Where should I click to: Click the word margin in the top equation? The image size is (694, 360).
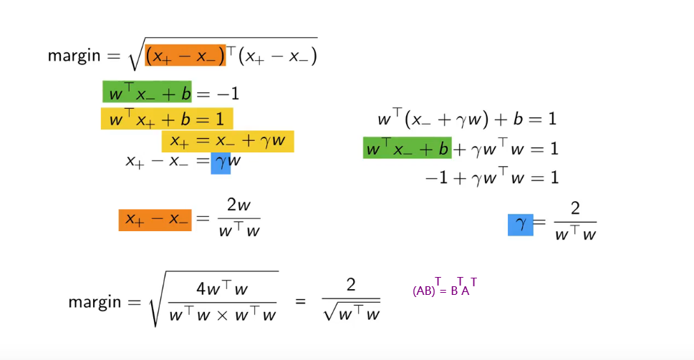(74, 56)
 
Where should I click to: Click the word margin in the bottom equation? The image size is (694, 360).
(95, 301)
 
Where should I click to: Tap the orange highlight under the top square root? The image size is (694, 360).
(185, 55)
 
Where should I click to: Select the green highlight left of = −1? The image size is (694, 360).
(148, 93)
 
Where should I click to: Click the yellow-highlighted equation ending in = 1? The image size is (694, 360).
(167, 118)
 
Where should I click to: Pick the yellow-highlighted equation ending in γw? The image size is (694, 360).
(228, 141)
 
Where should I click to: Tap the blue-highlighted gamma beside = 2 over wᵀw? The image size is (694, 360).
(521, 225)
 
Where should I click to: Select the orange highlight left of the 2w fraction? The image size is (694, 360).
(155, 220)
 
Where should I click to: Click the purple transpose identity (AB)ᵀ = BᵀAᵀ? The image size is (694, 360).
(444, 288)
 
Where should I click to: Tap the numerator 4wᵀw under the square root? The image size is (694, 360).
(222, 288)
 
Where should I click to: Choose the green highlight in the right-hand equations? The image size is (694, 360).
(407, 148)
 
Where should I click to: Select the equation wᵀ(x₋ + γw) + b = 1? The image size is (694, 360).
(467, 119)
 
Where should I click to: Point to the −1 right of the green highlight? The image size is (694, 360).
(228, 94)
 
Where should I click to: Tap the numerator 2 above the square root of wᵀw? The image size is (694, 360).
(351, 285)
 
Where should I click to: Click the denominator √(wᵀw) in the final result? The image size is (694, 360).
(352, 313)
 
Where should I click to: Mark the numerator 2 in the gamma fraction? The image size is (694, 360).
(575, 208)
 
